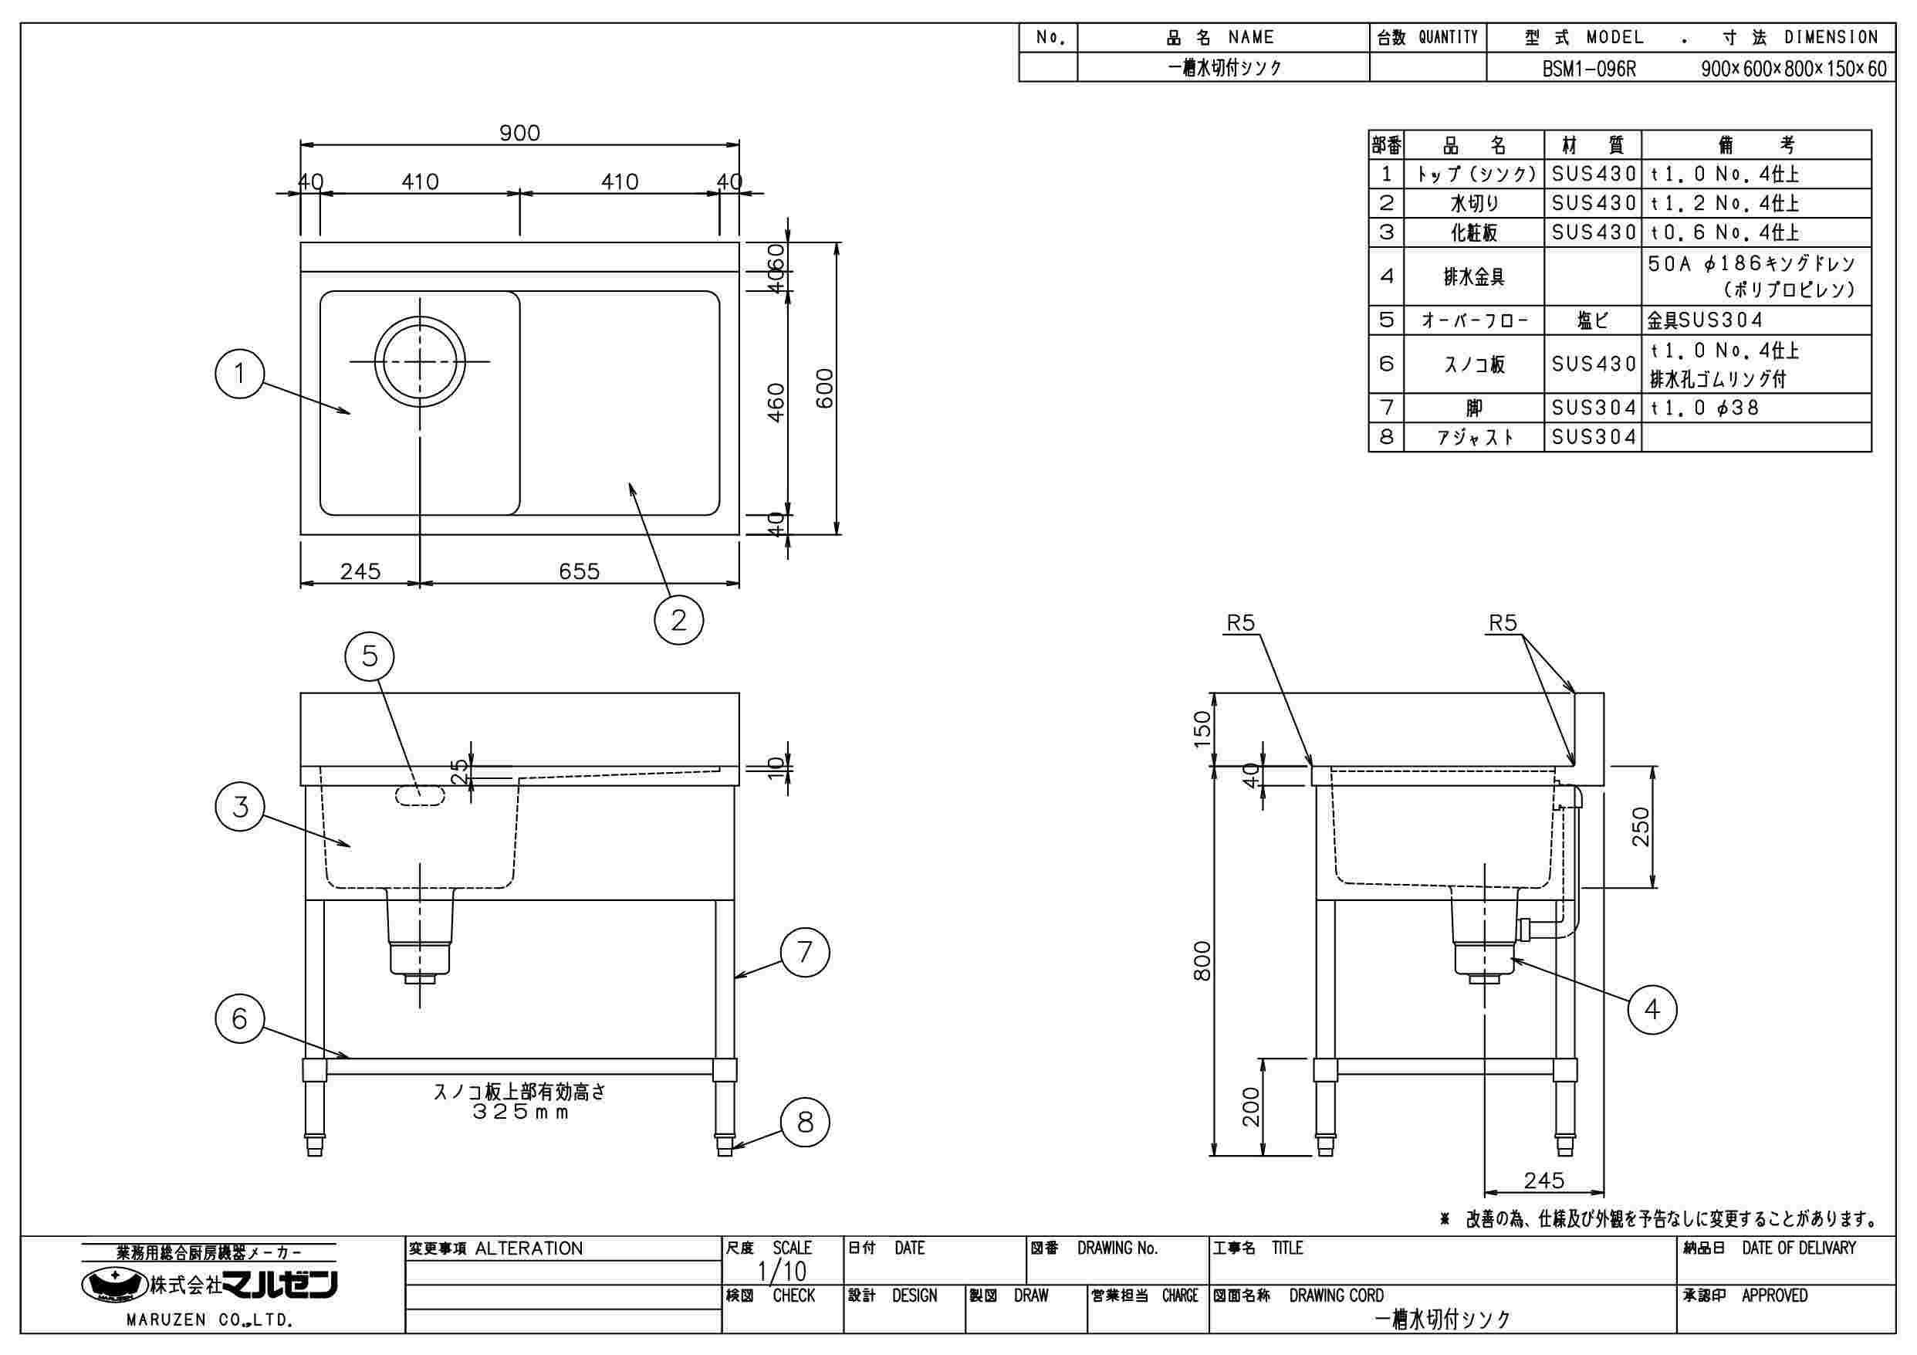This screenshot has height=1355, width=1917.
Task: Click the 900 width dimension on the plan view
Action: (519, 133)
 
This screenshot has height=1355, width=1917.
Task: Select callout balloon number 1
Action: (239, 374)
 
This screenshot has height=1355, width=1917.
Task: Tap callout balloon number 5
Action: (369, 656)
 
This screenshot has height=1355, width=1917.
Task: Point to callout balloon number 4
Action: (1652, 1010)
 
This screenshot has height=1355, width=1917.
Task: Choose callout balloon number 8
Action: (805, 1122)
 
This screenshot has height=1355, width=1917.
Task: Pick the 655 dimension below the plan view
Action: (579, 571)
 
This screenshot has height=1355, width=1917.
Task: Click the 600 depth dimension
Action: (824, 388)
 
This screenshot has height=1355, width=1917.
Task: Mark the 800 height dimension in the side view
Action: (1202, 960)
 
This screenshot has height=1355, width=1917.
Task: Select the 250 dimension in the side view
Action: (1641, 826)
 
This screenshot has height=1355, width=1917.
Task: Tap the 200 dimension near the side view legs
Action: (1251, 1107)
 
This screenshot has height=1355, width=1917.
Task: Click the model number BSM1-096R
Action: (1589, 69)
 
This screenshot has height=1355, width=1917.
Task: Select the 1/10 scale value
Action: (782, 1271)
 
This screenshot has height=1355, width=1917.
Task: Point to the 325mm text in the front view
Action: (519, 1113)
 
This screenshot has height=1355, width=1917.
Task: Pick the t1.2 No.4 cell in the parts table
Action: (1724, 203)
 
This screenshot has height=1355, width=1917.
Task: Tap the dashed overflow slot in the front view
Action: (420, 795)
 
